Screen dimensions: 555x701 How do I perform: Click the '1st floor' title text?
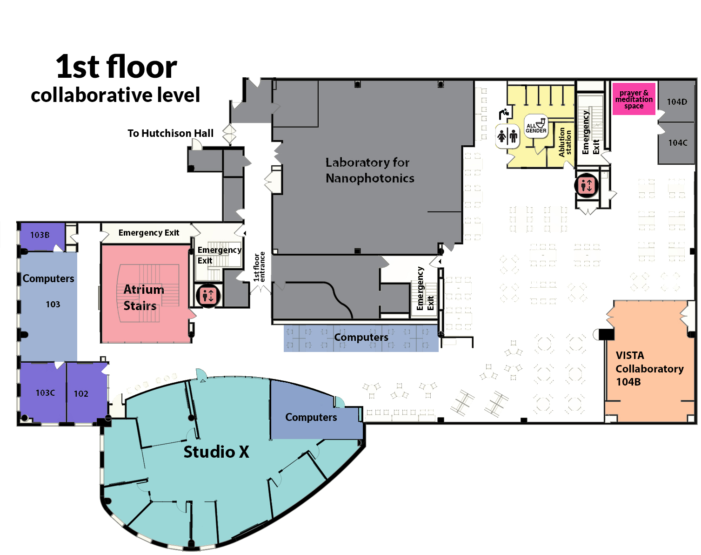point(116,67)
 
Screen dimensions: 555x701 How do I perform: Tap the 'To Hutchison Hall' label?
point(170,133)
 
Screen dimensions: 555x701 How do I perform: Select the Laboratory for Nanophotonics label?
point(369,170)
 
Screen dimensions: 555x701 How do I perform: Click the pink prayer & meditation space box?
point(634,99)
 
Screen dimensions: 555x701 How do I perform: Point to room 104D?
point(677,102)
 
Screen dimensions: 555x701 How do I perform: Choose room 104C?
point(677,142)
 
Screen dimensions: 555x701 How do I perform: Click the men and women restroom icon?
point(507,136)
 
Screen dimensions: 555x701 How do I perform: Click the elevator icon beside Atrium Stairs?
point(207,295)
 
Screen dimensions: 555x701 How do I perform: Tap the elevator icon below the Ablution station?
point(586,185)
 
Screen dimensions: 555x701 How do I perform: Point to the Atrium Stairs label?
point(143,298)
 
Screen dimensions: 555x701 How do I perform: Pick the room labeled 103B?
point(40,235)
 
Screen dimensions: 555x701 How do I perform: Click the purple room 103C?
point(45,393)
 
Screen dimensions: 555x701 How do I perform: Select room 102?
point(81,393)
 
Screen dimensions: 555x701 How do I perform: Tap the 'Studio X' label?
point(216,452)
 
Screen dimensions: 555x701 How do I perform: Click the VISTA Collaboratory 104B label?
point(649,368)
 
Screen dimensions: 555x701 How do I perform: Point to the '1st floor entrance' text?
point(259,267)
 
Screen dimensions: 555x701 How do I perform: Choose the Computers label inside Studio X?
point(311,417)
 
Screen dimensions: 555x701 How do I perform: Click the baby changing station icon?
point(504,113)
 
